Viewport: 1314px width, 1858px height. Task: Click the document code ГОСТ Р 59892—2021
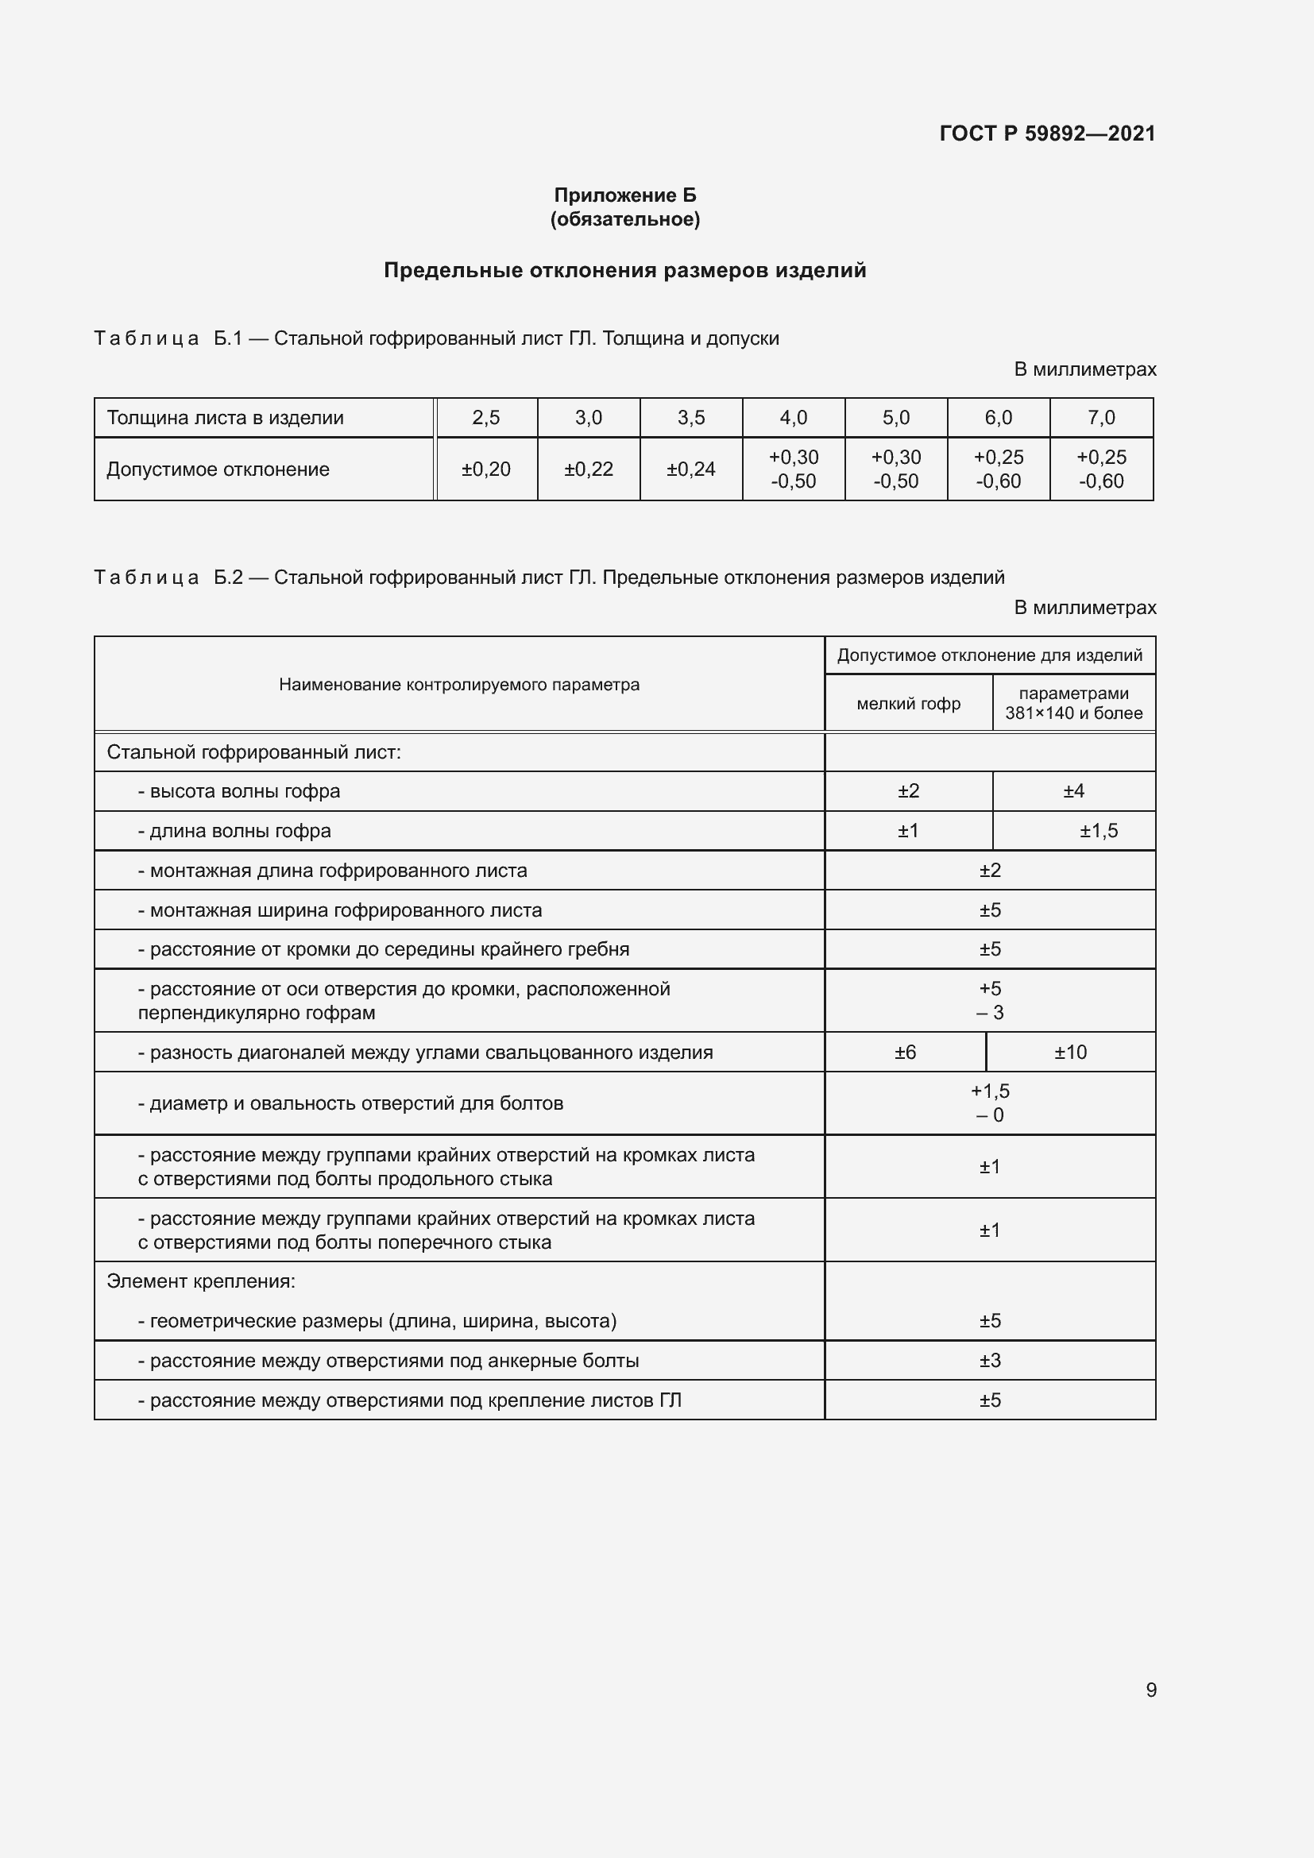click(1047, 133)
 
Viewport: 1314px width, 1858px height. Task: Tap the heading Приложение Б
click(624, 195)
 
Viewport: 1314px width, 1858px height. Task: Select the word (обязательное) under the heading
click(624, 219)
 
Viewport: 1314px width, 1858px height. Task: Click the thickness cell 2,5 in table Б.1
click(485, 418)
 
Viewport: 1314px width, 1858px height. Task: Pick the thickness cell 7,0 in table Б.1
click(1100, 418)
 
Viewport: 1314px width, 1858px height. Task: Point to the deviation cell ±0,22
click(588, 469)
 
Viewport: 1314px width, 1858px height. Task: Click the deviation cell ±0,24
click(690, 469)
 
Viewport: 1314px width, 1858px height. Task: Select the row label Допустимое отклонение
click(218, 469)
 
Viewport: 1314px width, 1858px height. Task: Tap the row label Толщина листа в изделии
click(225, 418)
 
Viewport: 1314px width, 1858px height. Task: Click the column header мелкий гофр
click(908, 703)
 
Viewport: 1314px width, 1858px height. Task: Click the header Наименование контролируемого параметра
click(458, 685)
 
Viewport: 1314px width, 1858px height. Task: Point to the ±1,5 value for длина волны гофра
click(1098, 831)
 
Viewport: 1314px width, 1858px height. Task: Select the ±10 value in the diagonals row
click(1069, 1052)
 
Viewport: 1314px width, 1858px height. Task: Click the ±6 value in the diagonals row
click(905, 1052)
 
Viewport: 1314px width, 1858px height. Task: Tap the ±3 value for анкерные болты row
click(990, 1360)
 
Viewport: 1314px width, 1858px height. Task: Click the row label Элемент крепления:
click(201, 1281)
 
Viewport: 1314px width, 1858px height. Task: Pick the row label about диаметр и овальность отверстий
click(350, 1103)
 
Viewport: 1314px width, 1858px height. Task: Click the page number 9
click(1150, 1690)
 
